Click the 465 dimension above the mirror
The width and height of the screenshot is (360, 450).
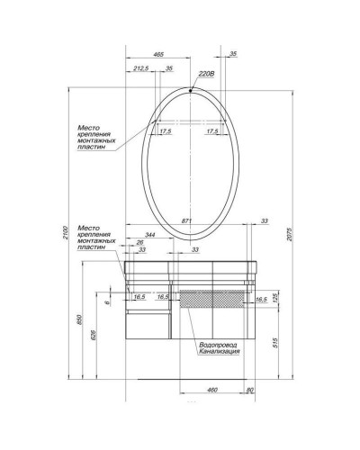[x=158, y=56]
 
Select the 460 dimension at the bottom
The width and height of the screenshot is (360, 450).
[x=212, y=390]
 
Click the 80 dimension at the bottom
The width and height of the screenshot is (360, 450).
[x=250, y=390]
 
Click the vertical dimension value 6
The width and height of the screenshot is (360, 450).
[x=106, y=303]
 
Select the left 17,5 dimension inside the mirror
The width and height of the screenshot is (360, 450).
[x=165, y=131]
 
